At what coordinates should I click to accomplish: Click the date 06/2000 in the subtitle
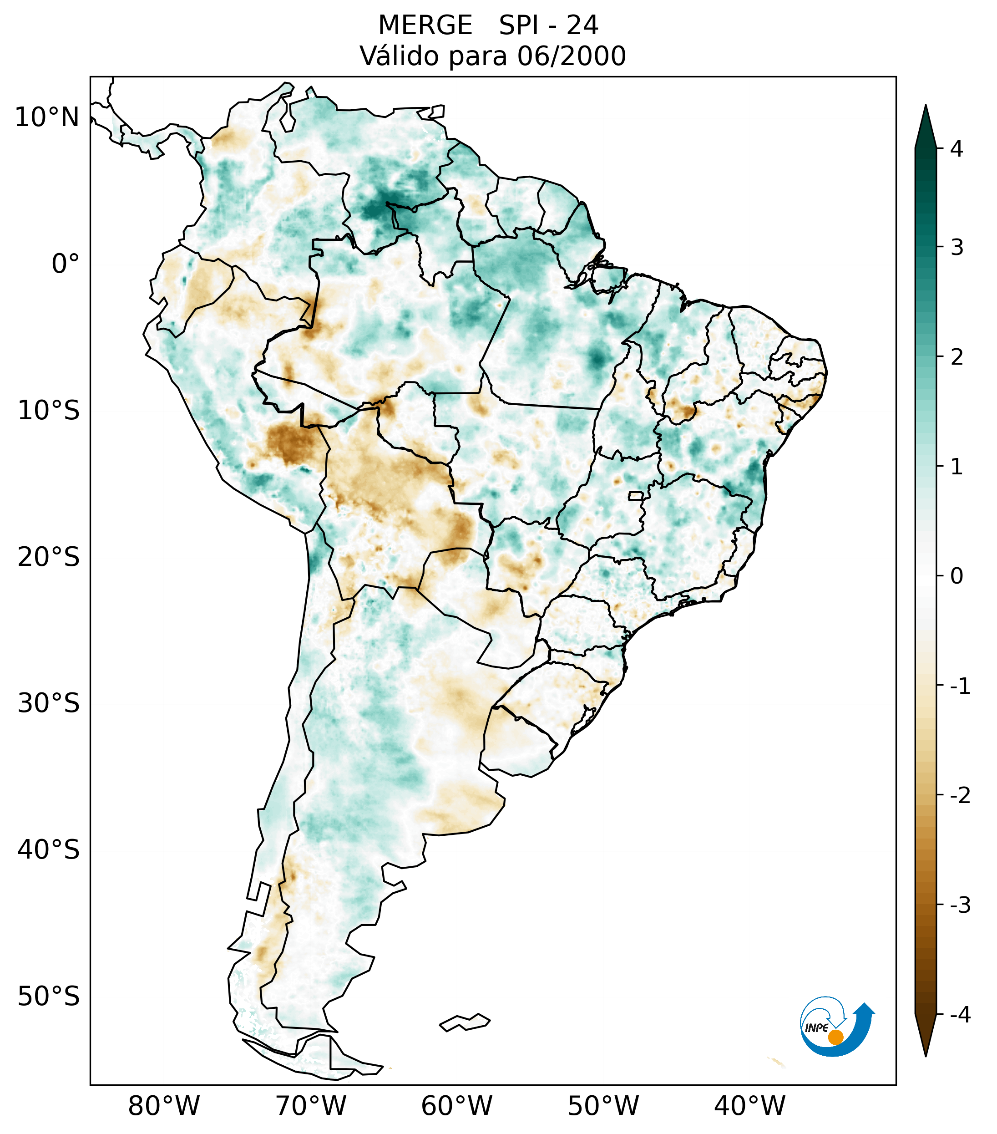click(572, 56)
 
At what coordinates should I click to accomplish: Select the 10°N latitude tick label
click(47, 117)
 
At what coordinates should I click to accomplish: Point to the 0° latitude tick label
click(66, 264)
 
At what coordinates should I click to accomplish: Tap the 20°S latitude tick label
click(49, 557)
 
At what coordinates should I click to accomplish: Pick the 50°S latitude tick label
click(49, 997)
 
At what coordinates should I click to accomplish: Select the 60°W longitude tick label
click(456, 1106)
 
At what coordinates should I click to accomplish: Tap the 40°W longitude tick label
click(750, 1106)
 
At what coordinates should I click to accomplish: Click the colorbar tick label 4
click(957, 149)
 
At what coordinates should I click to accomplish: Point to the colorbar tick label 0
click(957, 576)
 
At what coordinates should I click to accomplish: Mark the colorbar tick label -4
click(960, 1015)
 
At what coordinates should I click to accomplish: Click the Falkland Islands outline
click(465, 1022)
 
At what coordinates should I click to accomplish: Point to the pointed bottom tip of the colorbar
click(926, 1055)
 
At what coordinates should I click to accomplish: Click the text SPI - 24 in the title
click(548, 25)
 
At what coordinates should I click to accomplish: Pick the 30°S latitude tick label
click(49, 703)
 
